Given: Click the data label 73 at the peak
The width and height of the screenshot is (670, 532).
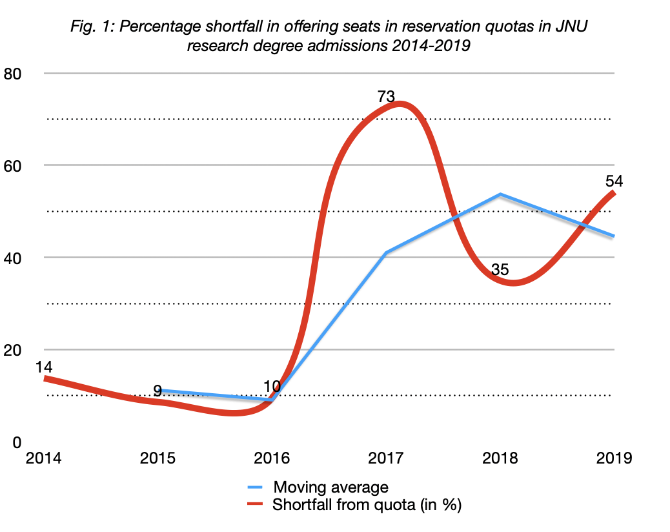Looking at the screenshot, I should (x=385, y=97).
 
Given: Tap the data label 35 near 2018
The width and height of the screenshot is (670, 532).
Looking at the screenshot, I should (x=500, y=269).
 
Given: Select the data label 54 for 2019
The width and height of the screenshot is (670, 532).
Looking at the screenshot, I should (x=613, y=181).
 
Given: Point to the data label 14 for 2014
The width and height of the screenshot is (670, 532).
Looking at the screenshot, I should (x=43, y=367).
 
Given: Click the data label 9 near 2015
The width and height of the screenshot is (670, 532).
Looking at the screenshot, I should (x=157, y=390).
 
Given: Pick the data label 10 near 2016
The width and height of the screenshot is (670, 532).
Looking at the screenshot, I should (x=272, y=387).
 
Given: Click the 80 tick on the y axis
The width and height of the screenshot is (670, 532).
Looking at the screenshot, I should (x=14, y=73).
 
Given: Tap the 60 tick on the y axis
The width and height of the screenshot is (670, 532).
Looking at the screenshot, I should (x=14, y=165).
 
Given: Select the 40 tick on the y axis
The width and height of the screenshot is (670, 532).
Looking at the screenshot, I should (x=14, y=258).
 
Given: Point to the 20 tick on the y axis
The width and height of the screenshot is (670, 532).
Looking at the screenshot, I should (x=14, y=350).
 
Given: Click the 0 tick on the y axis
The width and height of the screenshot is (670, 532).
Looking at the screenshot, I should (x=17, y=442).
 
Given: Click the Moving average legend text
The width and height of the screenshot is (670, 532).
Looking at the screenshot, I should (x=330, y=487).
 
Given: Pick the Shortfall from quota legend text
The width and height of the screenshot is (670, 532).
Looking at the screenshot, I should (x=367, y=504).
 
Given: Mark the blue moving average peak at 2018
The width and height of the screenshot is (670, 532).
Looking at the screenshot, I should (x=500, y=194).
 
